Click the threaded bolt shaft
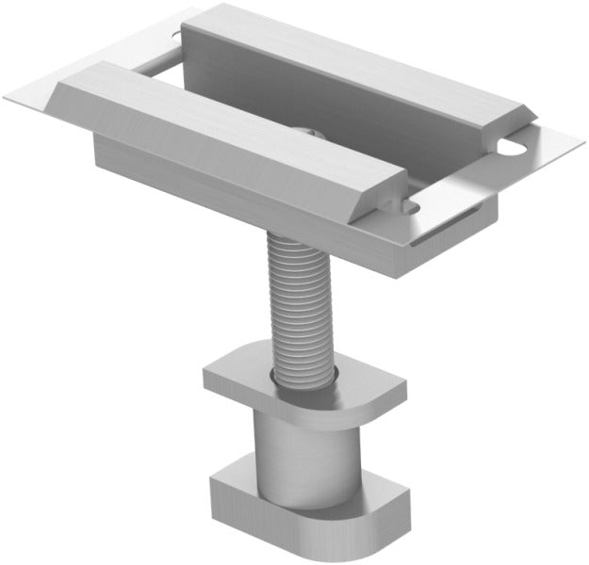pyautogui.click(x=300, y=301)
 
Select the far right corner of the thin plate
pyautogui.click(x=577, y=143)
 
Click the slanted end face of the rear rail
pyautogui.click(x=513, y=122)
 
